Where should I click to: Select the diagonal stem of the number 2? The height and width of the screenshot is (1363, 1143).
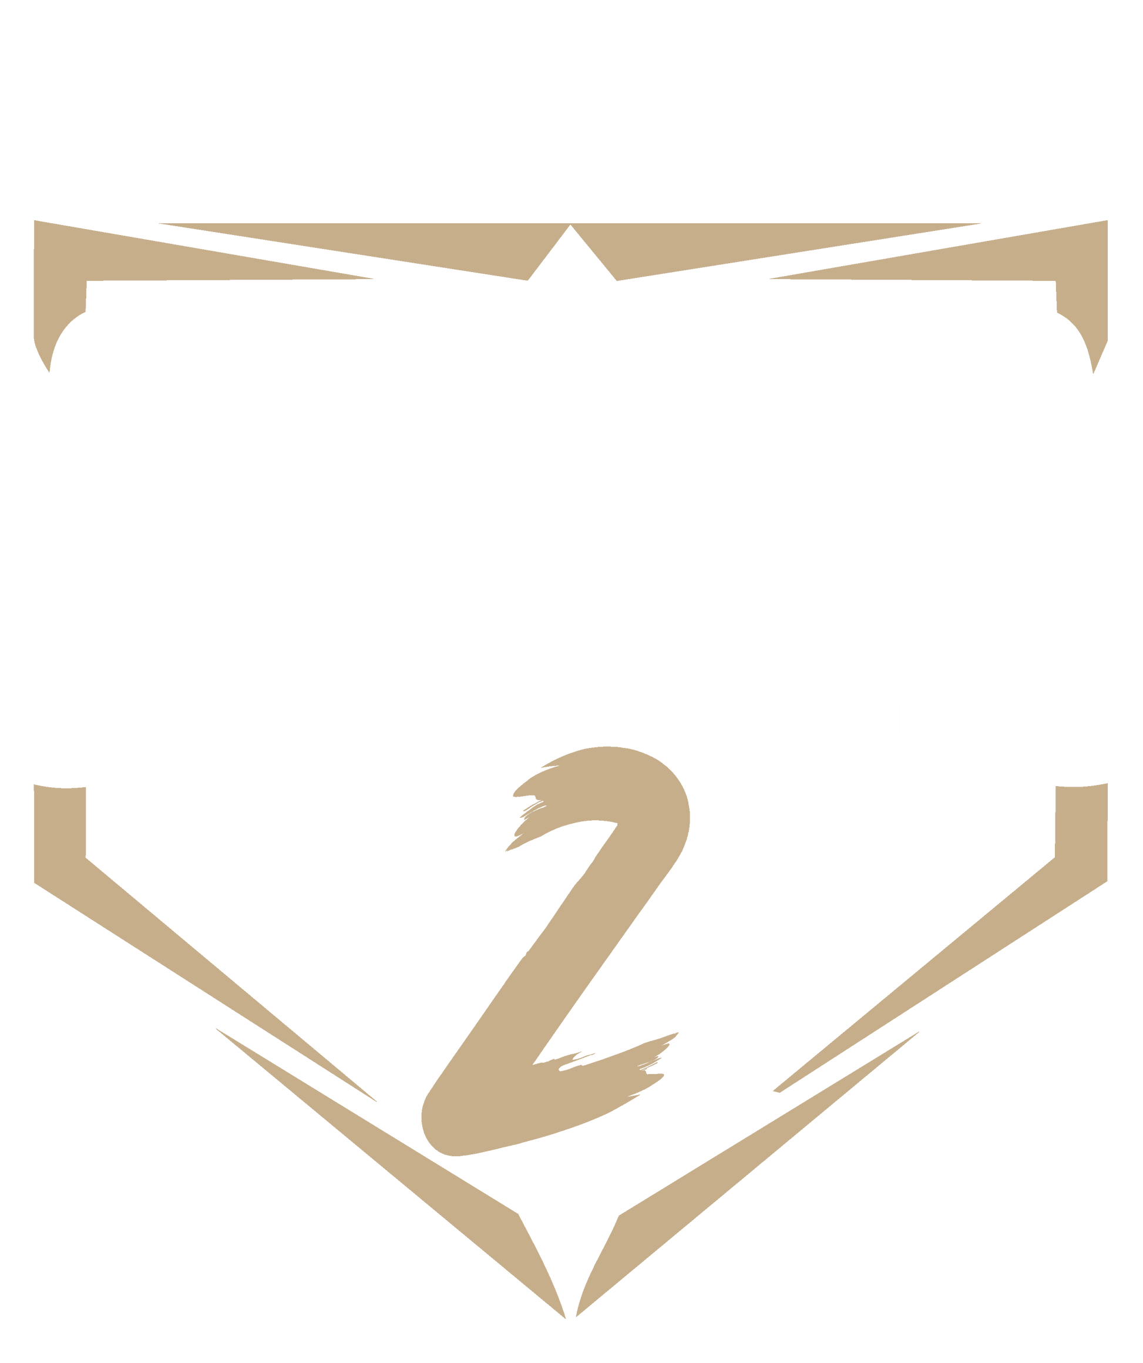click(x=558, y=954)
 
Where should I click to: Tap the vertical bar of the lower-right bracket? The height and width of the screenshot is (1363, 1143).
click(x=1081, y=831)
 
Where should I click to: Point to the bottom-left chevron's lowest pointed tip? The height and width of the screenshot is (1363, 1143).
click(x=566, y=1318)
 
